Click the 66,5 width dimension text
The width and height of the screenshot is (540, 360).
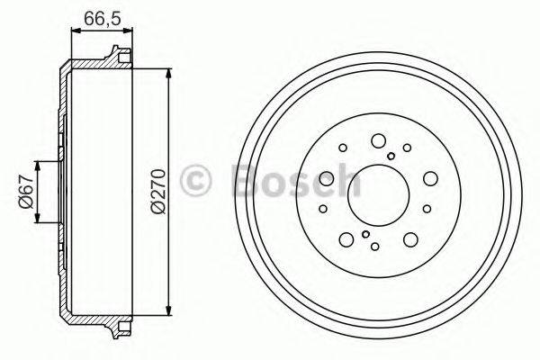click(x=99, y=18)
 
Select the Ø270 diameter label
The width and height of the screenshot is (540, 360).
click(x=158, y=192)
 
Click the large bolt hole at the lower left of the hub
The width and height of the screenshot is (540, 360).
click(x=345, y=239)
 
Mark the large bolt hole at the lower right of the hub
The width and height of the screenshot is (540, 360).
click(x=410, y=239)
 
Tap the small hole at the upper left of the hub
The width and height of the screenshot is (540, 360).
click(x=343, y=148)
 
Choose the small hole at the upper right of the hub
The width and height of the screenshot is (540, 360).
click(x=408, y=148)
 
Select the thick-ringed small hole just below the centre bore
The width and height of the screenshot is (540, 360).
click(x=365, y=234)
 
